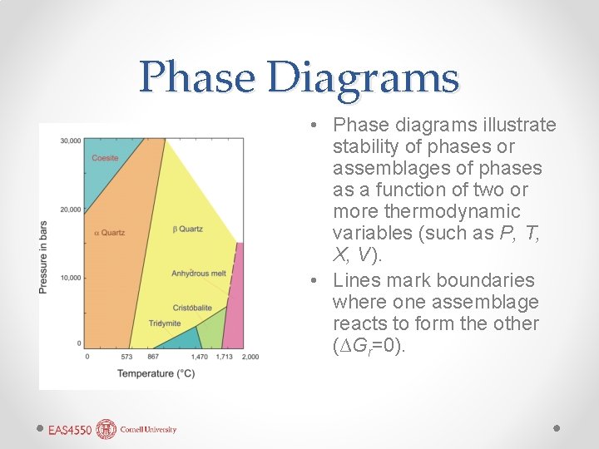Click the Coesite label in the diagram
[x=105, y=158]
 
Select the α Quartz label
[x=109, y=233]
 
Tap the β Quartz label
[x=187, y=229]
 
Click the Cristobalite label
[x=192, y=308]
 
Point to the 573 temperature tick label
[x=127, y=357]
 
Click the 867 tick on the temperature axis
[x=153, y=357]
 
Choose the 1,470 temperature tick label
[x=200, y=357]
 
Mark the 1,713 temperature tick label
[x=224, y=357]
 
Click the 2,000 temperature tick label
[x=250, y=357]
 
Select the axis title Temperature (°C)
[x=156, y=373]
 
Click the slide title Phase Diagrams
[x=299, y=77]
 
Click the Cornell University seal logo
[x=106, y=429]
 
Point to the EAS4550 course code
[x=70, y=430]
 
